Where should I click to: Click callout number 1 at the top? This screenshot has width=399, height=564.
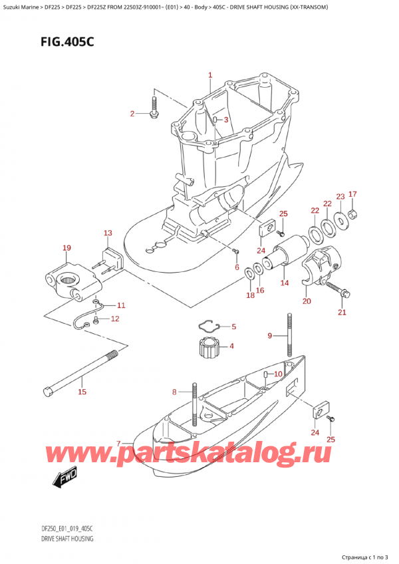pyautogui.click(x=209, y=75)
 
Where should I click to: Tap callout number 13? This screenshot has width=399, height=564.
pyautogui.click(x=107, y=233)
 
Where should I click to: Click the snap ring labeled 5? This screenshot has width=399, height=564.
pyautogui.click(x=210, y=326)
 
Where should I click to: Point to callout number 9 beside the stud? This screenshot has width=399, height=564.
pyautogui.click(x=271, y=335)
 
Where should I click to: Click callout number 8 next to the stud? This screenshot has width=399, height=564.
pyautogui.click(x=174, y=392)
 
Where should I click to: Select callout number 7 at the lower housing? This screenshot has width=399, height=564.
pyautogui.click(x=119, y=444)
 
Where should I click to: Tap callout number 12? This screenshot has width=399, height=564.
pyautogui.click(x=114, y=319)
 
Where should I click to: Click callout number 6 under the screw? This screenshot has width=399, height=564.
pyautogui.click(x=237, y=267)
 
